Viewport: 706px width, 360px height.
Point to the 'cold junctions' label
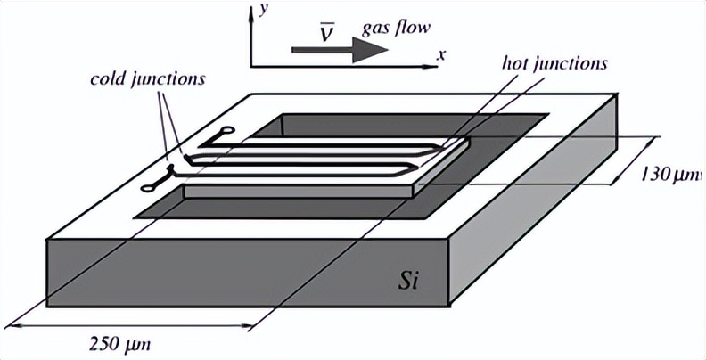point(148,78)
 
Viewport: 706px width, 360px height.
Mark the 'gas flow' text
point(395,27)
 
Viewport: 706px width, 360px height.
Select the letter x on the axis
point(440,54)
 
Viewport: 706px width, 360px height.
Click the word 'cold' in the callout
point(108,78)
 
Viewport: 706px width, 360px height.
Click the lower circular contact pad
point(149,187)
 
